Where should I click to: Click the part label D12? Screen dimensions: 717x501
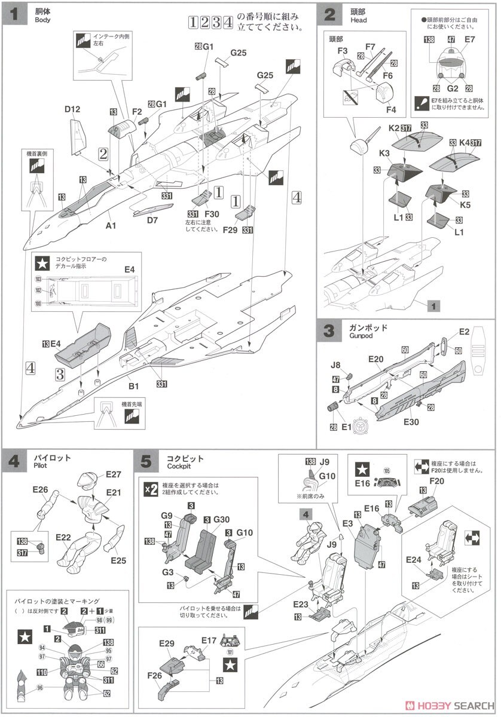(x=72, y=109)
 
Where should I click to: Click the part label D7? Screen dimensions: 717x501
(x=152, y=220)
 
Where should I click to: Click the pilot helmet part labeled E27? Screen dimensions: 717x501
(x=114, y=475)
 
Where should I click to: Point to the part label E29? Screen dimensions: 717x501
(x=167, y=644)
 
